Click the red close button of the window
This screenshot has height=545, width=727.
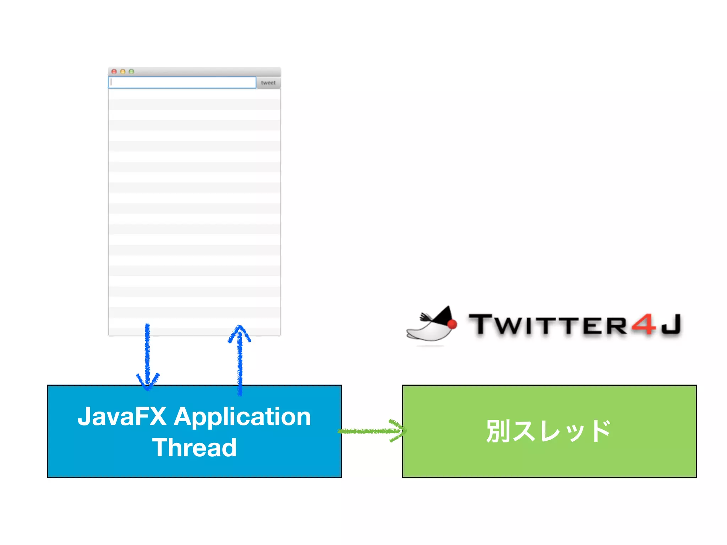tap(114, 72)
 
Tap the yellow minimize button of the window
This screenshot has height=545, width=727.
tap(123, 72)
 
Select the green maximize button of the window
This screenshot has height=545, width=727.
tap(131, 72)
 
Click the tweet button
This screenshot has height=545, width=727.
tap(268, 83)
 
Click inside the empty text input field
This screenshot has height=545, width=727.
tap(182, 83)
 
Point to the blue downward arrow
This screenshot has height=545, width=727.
tap(148, 355)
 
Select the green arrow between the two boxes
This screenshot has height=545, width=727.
tap(369, 431)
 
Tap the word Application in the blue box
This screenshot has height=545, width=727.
tap(242, 417)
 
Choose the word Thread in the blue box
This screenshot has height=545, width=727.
tap(195, 448)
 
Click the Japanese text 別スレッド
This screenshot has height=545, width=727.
tap(548, 431)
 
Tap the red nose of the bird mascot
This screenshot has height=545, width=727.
tap(452, 324)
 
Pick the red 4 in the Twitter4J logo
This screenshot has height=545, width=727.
tap(644, 324)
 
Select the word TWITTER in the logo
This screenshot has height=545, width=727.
tap(548, 325)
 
